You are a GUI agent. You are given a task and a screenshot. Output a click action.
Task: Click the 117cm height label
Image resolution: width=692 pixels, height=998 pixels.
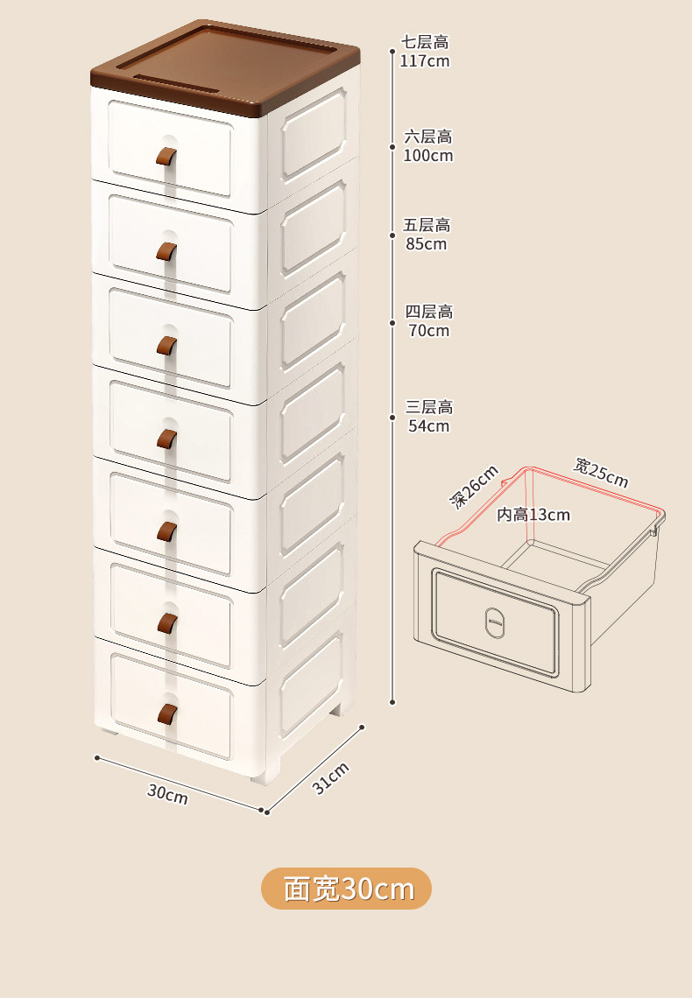(x=425, y=52)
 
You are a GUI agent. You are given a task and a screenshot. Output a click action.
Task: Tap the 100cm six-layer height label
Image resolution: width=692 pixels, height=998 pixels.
(x=427, y=145)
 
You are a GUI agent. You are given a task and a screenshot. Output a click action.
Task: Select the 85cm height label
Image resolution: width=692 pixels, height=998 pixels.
(x=427, y=235)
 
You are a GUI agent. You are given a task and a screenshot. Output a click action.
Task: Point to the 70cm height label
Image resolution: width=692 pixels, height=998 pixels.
(x=428, y=320)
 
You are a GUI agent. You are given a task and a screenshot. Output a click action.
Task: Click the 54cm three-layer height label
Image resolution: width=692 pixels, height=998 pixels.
(x=428, y=416)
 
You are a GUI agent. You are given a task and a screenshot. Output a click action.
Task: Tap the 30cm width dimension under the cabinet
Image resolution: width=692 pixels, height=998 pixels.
(x=167, y=794)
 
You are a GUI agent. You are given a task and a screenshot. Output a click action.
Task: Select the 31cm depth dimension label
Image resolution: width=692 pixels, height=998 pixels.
(x=330, y=777)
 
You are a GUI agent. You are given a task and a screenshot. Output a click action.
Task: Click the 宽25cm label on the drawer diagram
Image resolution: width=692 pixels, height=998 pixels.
(x=601, y=472)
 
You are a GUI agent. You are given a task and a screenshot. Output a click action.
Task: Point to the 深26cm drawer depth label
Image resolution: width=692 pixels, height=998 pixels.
(x=474, y=487)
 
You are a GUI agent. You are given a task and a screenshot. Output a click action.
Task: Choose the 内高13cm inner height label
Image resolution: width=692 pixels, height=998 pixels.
(x=533, y=514)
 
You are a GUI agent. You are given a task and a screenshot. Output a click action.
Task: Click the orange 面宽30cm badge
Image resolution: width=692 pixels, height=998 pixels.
(x=346, y=888)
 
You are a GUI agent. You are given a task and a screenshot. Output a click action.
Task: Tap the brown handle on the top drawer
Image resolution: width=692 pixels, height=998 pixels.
(x=166, y=156)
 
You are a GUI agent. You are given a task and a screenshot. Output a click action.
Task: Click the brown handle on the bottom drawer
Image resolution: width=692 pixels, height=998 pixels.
(x=167, y=714)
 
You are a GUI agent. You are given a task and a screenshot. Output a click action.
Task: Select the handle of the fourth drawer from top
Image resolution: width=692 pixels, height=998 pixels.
(x=166, y=439)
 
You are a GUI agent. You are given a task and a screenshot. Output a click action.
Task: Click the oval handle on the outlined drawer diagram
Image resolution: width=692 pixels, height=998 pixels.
(x=495, y=622)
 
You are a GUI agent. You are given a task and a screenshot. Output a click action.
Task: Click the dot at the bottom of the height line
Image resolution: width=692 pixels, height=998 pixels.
(x=392, y=702)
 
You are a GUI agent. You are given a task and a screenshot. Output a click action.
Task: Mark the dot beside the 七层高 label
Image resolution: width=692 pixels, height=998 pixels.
(x=392, y=52)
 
